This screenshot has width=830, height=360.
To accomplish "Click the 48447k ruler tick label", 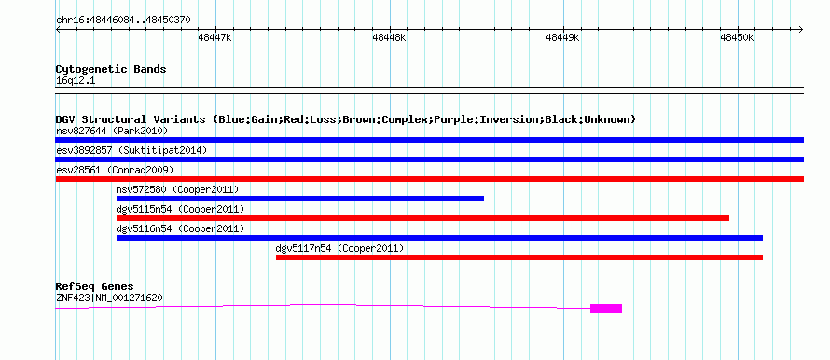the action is (214, 37).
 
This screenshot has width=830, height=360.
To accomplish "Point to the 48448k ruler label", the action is (389, 37).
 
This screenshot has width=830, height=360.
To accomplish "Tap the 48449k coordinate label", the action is (562, 37).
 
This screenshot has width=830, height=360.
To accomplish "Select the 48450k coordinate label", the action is (737, 37).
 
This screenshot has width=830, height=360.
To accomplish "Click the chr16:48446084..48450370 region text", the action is (123, 21).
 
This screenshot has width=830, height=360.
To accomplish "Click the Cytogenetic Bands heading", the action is (111, 69).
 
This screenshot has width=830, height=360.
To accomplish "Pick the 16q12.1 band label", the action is (76, 81).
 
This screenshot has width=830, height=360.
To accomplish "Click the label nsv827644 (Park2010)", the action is (112, 131).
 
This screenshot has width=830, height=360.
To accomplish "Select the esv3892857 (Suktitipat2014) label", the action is (131, 150).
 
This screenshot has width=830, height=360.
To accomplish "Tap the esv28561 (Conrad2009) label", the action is (115, 170).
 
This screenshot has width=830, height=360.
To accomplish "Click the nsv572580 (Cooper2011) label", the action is (177, 189).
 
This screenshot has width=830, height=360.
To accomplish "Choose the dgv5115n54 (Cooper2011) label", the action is (180, 209).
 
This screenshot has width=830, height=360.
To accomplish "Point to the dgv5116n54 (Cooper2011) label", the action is (180, 228).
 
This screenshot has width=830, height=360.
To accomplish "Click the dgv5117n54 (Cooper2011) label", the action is (339, 248).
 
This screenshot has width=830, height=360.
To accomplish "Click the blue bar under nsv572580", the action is (300, 199).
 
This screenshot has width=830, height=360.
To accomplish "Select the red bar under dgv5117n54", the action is (519, 257).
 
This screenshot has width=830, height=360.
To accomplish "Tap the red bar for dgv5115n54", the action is (423, 218).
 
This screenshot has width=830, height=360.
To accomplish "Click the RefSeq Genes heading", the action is (95, 287).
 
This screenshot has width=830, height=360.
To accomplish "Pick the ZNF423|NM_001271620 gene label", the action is (109, 298).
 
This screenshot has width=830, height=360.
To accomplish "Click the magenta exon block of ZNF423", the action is (606, 309).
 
